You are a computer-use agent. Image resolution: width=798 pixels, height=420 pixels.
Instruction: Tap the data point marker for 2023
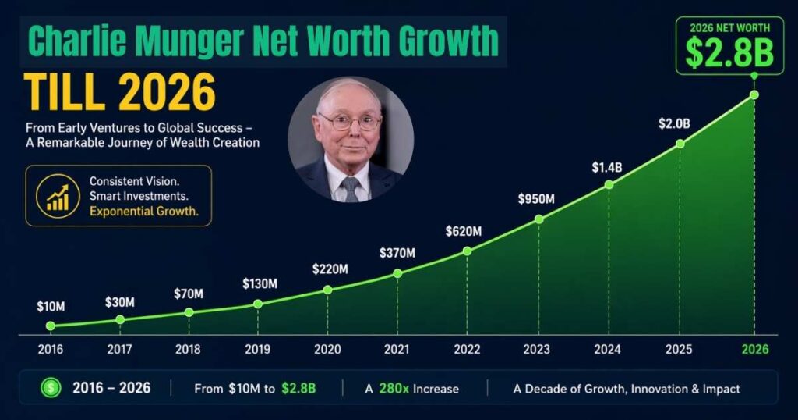[538, 219]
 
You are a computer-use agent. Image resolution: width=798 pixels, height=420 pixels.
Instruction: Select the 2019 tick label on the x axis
[257, 350]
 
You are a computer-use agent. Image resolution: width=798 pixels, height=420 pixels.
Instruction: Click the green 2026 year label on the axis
[754, 350]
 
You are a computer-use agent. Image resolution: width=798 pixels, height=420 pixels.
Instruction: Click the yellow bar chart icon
[57, 198]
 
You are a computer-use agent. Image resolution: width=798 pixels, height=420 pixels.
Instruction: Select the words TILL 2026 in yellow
[119, 93]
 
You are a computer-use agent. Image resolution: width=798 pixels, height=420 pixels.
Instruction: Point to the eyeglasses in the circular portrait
[349, 122]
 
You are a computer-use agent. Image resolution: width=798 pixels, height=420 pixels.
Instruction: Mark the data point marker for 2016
[51, 326]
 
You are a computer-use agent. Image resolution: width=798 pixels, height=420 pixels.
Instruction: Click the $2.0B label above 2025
[674, 124]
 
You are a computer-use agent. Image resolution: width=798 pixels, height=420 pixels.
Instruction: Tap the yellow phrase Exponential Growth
[144, 211]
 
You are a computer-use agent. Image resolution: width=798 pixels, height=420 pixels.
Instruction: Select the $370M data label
[398, 253]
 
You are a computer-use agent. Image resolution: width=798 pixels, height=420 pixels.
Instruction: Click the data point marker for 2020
[327, 290]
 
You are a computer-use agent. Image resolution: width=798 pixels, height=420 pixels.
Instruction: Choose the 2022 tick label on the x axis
[467, 350]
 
